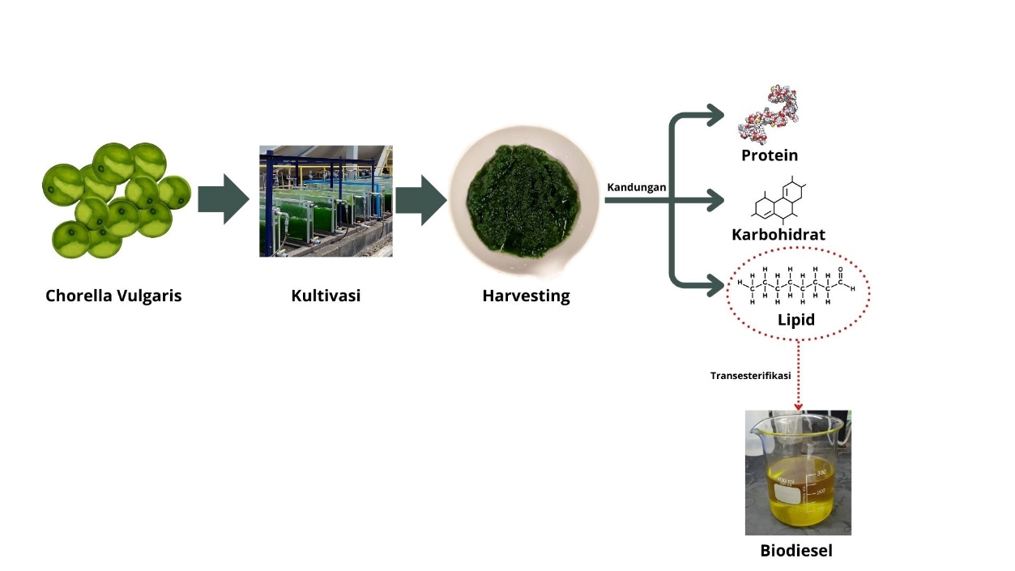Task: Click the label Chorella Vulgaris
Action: (x=113, y=296)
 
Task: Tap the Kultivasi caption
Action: (x=326, y=296)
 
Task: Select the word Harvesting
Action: (x=526, y=296)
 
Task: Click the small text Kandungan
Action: (x=637, y=187)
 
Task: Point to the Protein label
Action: (x=770, y=155)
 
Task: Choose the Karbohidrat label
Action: (x=778, y=234)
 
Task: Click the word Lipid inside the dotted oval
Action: (x=796, y=319)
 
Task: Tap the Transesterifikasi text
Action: (x=751, y=376)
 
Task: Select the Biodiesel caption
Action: (x=796, y=551)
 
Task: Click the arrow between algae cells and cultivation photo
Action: (x=224, y=198)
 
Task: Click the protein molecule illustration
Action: (x=770, y=113)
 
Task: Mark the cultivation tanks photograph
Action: (x=326, y=201)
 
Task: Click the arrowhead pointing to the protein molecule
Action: (x=715, y=115)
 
